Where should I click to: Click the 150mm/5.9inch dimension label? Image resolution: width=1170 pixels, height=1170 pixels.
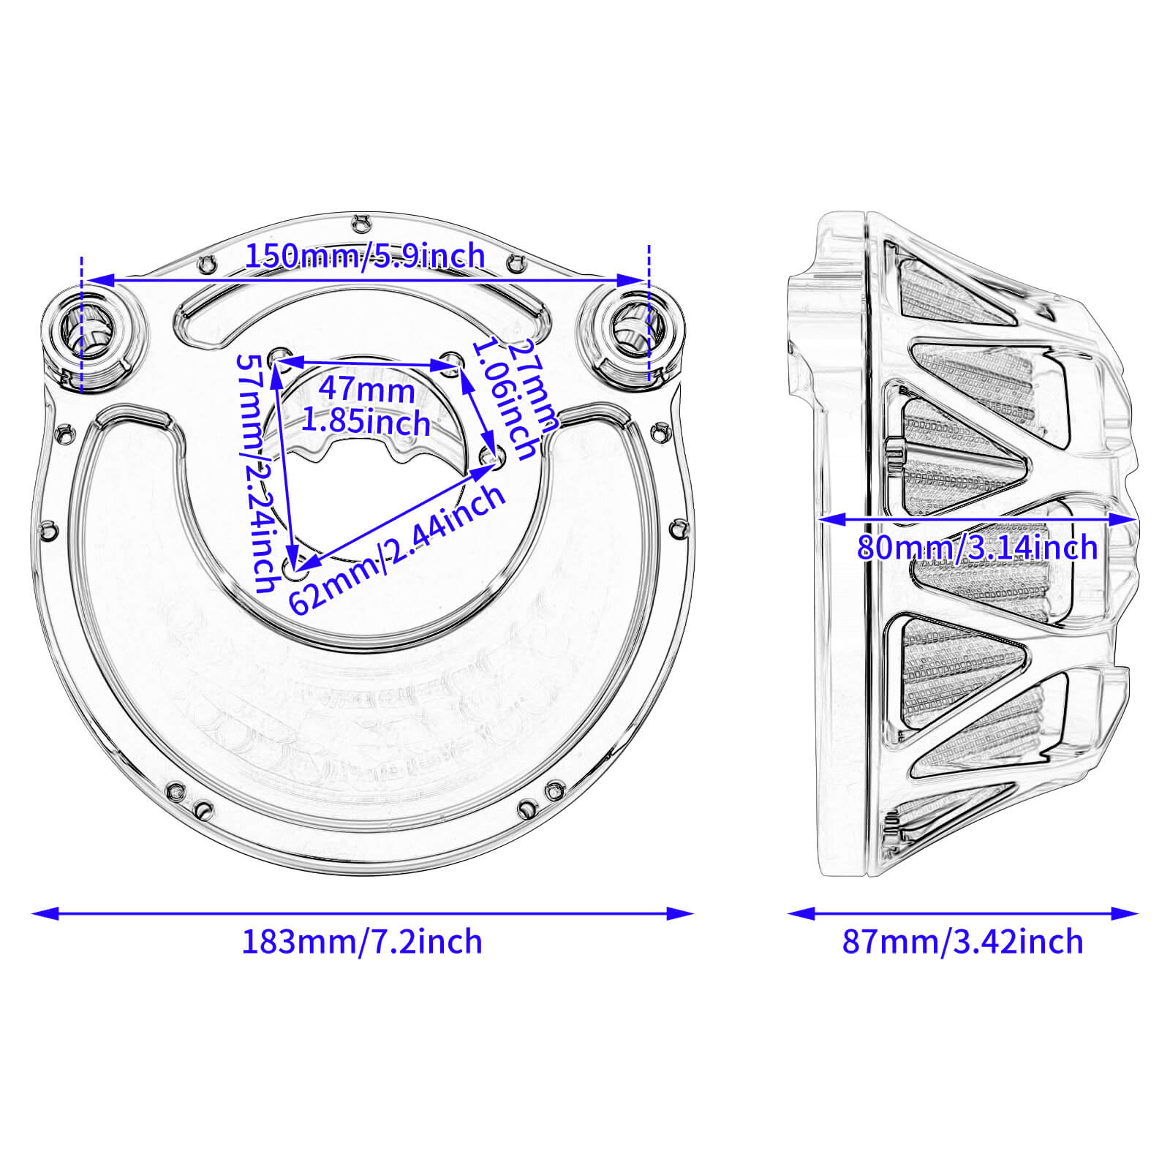click(364, 257)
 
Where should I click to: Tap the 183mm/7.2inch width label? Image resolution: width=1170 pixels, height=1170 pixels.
click(362, 942)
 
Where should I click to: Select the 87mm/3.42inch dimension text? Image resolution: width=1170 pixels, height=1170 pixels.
click(962, 942)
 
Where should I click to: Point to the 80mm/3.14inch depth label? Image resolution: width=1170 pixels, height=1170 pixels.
click(977, 548)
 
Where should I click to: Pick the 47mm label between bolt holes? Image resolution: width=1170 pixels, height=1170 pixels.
click(366, 389)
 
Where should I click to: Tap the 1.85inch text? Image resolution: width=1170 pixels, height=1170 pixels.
click(366, 423)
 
